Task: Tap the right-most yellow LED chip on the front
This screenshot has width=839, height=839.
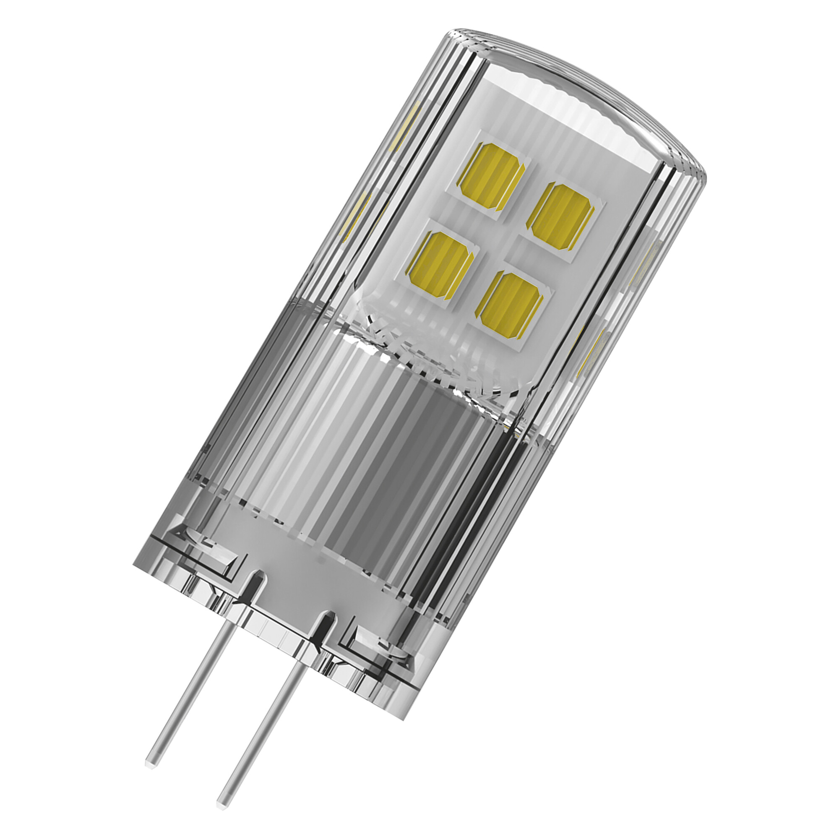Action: pos(560,217)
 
